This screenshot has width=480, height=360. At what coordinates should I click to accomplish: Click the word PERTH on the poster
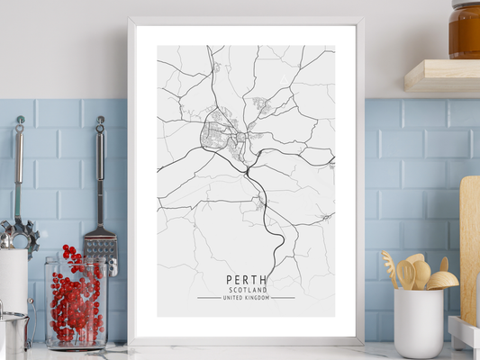[x=246, y=280]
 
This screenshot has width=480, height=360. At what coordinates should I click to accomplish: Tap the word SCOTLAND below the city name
[x=246, y=290]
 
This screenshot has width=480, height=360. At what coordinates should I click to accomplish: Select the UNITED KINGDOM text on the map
[x=246, y=298]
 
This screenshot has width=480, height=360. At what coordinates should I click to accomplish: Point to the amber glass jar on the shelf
[x=465, y=29]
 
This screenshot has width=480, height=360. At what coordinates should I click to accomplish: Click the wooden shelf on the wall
[x=441, y=76]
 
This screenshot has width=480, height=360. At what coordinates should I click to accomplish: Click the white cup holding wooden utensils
[x=418, y=322]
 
